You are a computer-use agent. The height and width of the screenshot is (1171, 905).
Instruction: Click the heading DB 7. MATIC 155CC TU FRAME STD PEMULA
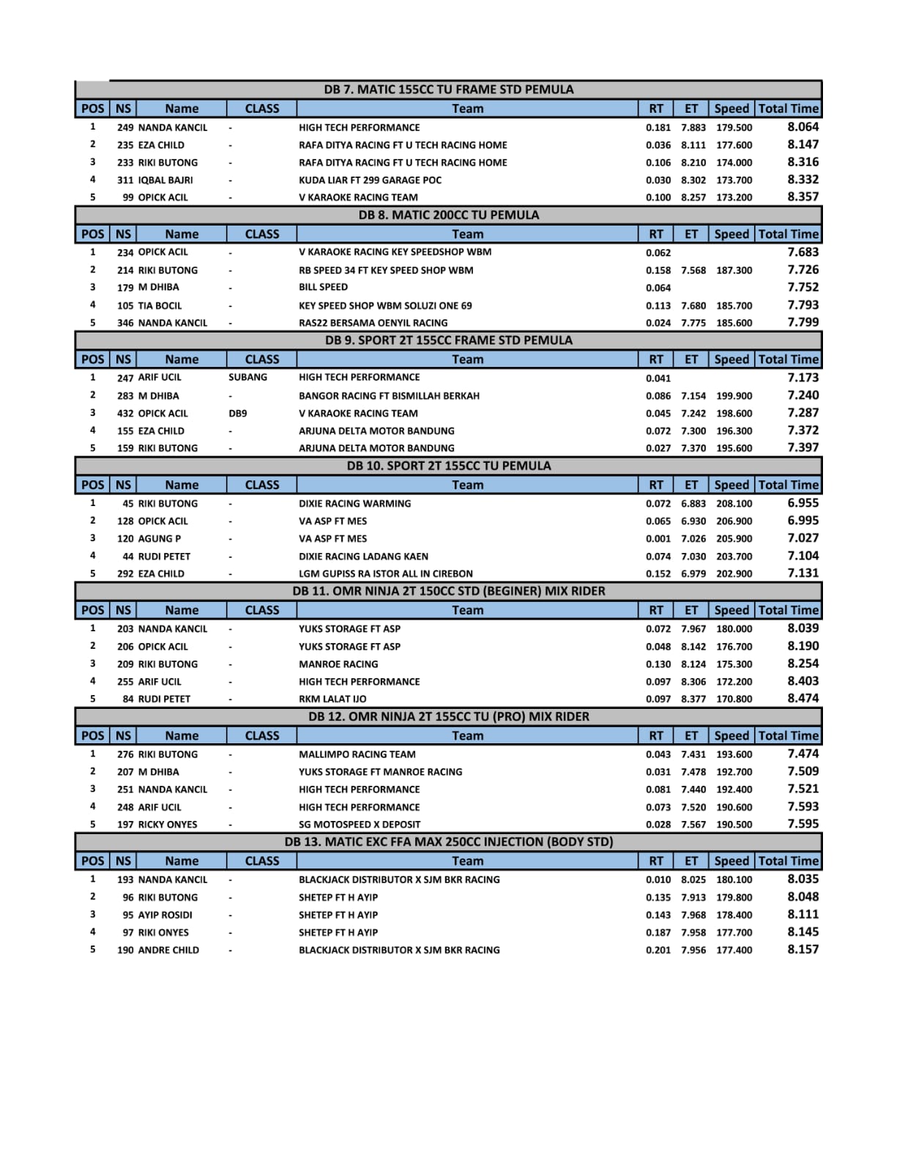click(448, 89)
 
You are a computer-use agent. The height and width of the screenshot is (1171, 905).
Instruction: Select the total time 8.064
click(802, 127)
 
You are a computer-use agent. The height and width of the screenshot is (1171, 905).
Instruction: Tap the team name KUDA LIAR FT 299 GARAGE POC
click(370, 179)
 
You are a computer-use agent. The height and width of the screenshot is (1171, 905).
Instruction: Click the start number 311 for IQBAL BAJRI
click(125, 179)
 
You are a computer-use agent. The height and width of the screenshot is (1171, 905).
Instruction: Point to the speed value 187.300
click(734, 270)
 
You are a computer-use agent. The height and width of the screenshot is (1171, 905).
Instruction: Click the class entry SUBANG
click(247, 377)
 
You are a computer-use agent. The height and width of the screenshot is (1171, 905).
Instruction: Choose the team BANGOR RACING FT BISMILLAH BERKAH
click(389, 395)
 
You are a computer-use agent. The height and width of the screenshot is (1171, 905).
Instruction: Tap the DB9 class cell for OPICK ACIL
click(238, 413)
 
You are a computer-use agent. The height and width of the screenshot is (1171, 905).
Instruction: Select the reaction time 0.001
click(658, 538)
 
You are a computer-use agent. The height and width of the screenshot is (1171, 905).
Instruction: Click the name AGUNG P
click(160, 538)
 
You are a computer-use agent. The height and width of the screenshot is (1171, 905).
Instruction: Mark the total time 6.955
click(802, 503)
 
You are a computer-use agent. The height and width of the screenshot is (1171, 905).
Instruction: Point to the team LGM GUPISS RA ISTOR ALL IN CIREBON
click(385, 573)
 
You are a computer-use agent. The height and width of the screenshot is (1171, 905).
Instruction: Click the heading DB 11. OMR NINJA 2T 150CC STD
click(448, 591)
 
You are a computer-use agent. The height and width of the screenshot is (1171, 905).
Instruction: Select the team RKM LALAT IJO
click(332, 699)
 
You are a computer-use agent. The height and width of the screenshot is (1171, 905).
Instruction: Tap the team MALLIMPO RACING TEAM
click(357, 754)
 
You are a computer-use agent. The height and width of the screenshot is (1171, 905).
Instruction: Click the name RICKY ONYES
click(168, 825)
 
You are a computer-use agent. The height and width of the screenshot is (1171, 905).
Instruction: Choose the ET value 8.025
click(693, 880)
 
